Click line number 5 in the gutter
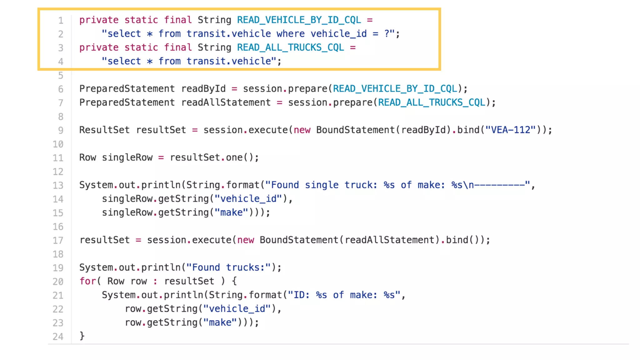pos(61,76)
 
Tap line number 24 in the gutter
pos(58,337)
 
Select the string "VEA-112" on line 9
pos(511,130)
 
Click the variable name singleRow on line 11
pos(127,157)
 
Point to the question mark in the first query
pos(387,34)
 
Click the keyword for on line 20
pos(87,281)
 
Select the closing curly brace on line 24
pos(82,336)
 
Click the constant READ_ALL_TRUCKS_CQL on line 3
pos(290,47)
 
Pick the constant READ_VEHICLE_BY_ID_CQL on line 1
pos(299,20)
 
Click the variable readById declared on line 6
pos(203,89)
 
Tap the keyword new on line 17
pos(246,240)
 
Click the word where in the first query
pos(291,34)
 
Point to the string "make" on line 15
pos(231,212)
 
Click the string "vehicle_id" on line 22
pos(237,309)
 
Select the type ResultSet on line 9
pos(104,130)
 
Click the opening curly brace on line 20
pos(234,281)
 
